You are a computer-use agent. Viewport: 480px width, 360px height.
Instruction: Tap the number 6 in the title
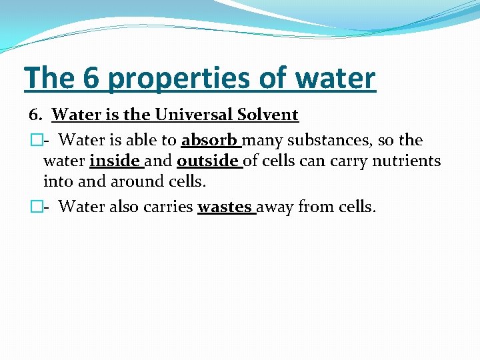coord(91,78)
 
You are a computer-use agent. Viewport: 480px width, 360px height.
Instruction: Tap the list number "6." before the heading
coord(37,115)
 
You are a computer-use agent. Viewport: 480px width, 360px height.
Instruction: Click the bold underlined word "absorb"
coord(209,141)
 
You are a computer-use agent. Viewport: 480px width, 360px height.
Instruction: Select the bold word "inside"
coord(114,161)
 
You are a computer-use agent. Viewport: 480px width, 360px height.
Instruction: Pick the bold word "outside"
coord(207,161)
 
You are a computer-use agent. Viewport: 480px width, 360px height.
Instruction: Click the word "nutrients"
coord(407,161)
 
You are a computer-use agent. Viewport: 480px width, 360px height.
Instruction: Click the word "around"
coord(131,181)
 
